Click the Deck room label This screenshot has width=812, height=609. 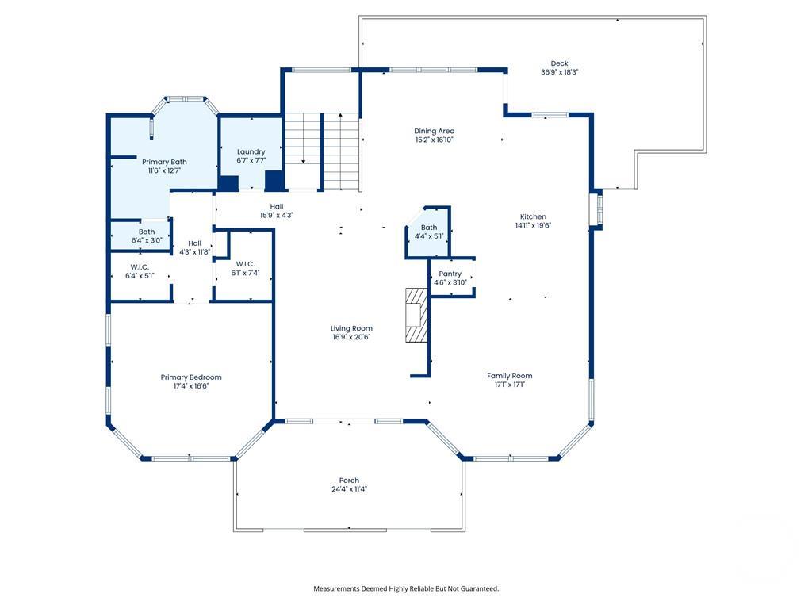[x=560, y=63]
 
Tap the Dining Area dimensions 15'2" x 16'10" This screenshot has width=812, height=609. [x=434, y=140]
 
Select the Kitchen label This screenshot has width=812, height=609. [x=533, y=216]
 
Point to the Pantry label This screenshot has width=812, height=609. [x=450, y=274]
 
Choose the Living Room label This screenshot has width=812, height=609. [x=351, y=328]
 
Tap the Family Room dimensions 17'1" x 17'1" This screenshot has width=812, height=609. [x=510, y=385]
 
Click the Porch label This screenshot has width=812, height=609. [x=349, y=481]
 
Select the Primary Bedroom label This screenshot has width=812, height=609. [x=191, y=377]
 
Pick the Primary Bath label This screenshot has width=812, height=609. [x=164, y=162]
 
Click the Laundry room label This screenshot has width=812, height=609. [x=251, y=151]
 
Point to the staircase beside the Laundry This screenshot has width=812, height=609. [x=322, y=151]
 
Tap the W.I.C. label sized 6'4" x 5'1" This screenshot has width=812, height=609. [x=139, y=267]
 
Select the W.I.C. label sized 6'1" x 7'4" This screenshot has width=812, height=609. [x=244, y=264]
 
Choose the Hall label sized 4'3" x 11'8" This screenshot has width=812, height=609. [x=194, y=243]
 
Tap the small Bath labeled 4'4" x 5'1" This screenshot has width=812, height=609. [x=428, y=228]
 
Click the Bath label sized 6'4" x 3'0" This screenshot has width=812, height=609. [x=147, y=232]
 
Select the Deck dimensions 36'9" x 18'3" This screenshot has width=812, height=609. [x=560, y=72]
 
